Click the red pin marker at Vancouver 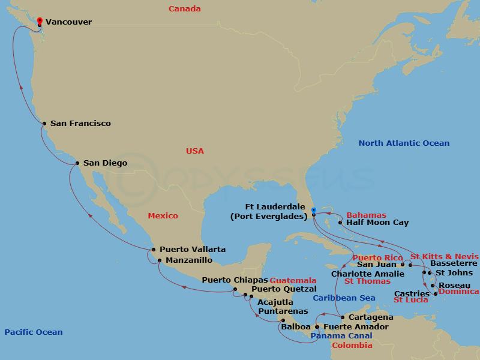pos(40,21)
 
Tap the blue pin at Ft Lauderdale pos(314,210)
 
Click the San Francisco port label pos(80,124)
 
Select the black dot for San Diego pos(77,163)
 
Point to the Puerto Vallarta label pos(184,250)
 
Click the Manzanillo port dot pos(159,260)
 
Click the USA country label pos(195,151)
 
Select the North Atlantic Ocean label pos(403,143)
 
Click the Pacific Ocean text pos(33,332)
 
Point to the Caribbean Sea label pos(343,298)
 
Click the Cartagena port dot pos(341,317)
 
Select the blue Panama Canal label pos(341,336)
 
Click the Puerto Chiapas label pos(234,280)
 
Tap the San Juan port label pos(376,263)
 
